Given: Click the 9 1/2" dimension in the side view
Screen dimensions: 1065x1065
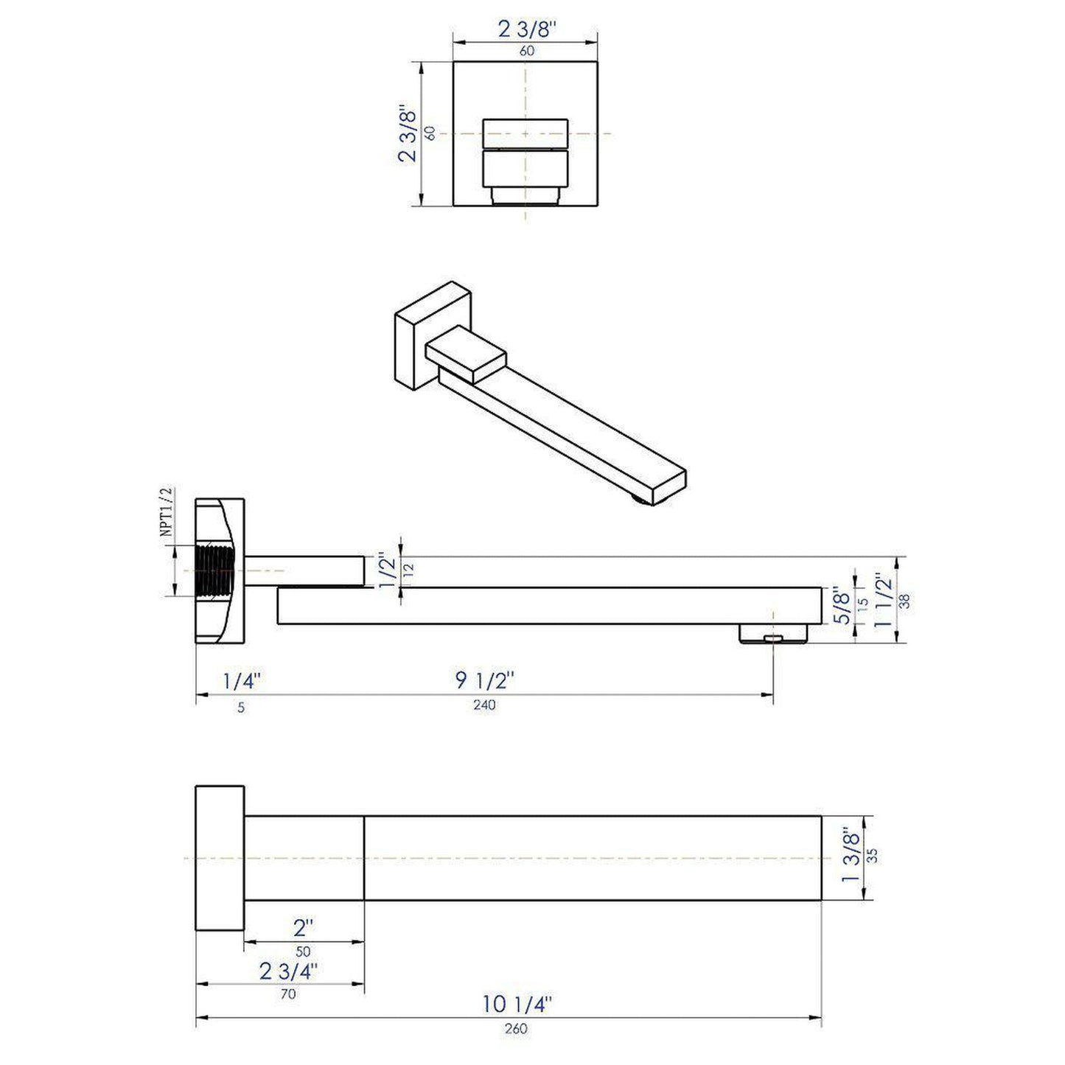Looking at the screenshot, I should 484,680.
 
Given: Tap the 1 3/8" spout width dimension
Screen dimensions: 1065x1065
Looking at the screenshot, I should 852,857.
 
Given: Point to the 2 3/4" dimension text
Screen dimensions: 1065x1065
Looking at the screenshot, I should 288,971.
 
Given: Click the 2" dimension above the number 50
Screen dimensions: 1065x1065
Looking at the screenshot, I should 303,926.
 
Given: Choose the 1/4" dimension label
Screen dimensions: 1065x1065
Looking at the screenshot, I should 242,680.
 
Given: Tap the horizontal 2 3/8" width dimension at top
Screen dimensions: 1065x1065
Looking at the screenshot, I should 525,29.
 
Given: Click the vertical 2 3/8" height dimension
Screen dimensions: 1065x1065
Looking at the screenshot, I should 408,134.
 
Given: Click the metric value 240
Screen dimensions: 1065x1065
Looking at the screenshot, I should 484,705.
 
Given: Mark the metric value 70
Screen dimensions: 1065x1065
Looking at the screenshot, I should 288,994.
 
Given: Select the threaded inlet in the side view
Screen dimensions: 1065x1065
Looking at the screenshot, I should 215,570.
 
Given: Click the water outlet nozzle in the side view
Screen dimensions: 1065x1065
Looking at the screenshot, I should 773,635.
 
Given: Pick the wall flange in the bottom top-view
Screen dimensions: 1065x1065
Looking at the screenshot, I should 220,858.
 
